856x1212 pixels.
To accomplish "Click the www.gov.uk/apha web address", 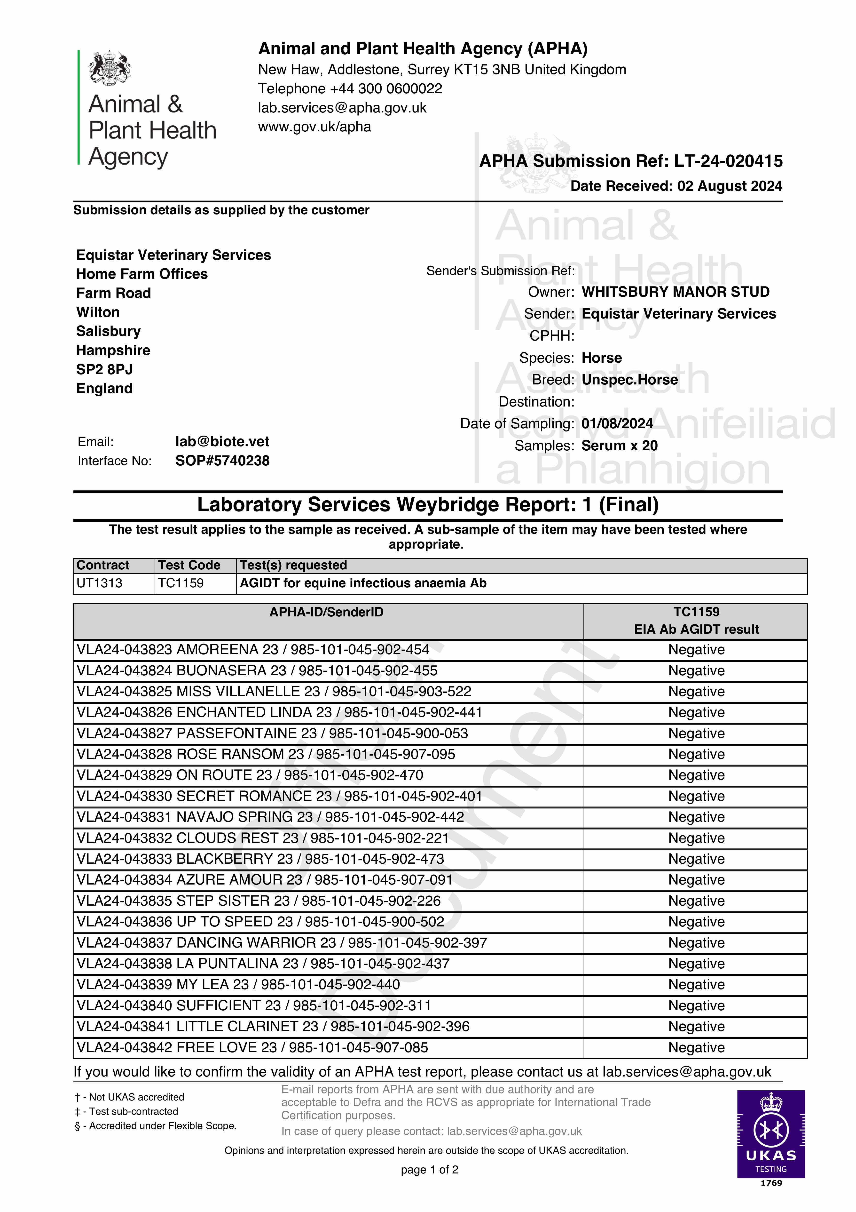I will tap(314, 127).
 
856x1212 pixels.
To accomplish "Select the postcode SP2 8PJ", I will tap(104, 369).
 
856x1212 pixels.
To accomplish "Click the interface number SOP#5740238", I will tap(222, 461).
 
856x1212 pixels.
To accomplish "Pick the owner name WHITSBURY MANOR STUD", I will tap(675, 292).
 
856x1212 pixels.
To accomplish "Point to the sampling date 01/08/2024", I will tap(617, 423).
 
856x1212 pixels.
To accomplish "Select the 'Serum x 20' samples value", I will tap(620, 446).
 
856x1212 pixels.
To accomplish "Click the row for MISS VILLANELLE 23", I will tap(273, 692).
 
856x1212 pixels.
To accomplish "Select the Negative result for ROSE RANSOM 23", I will tap(696, 754).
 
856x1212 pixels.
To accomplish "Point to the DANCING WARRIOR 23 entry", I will tap(281, 943).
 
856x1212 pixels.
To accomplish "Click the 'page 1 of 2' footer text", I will tap(430, 1170).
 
